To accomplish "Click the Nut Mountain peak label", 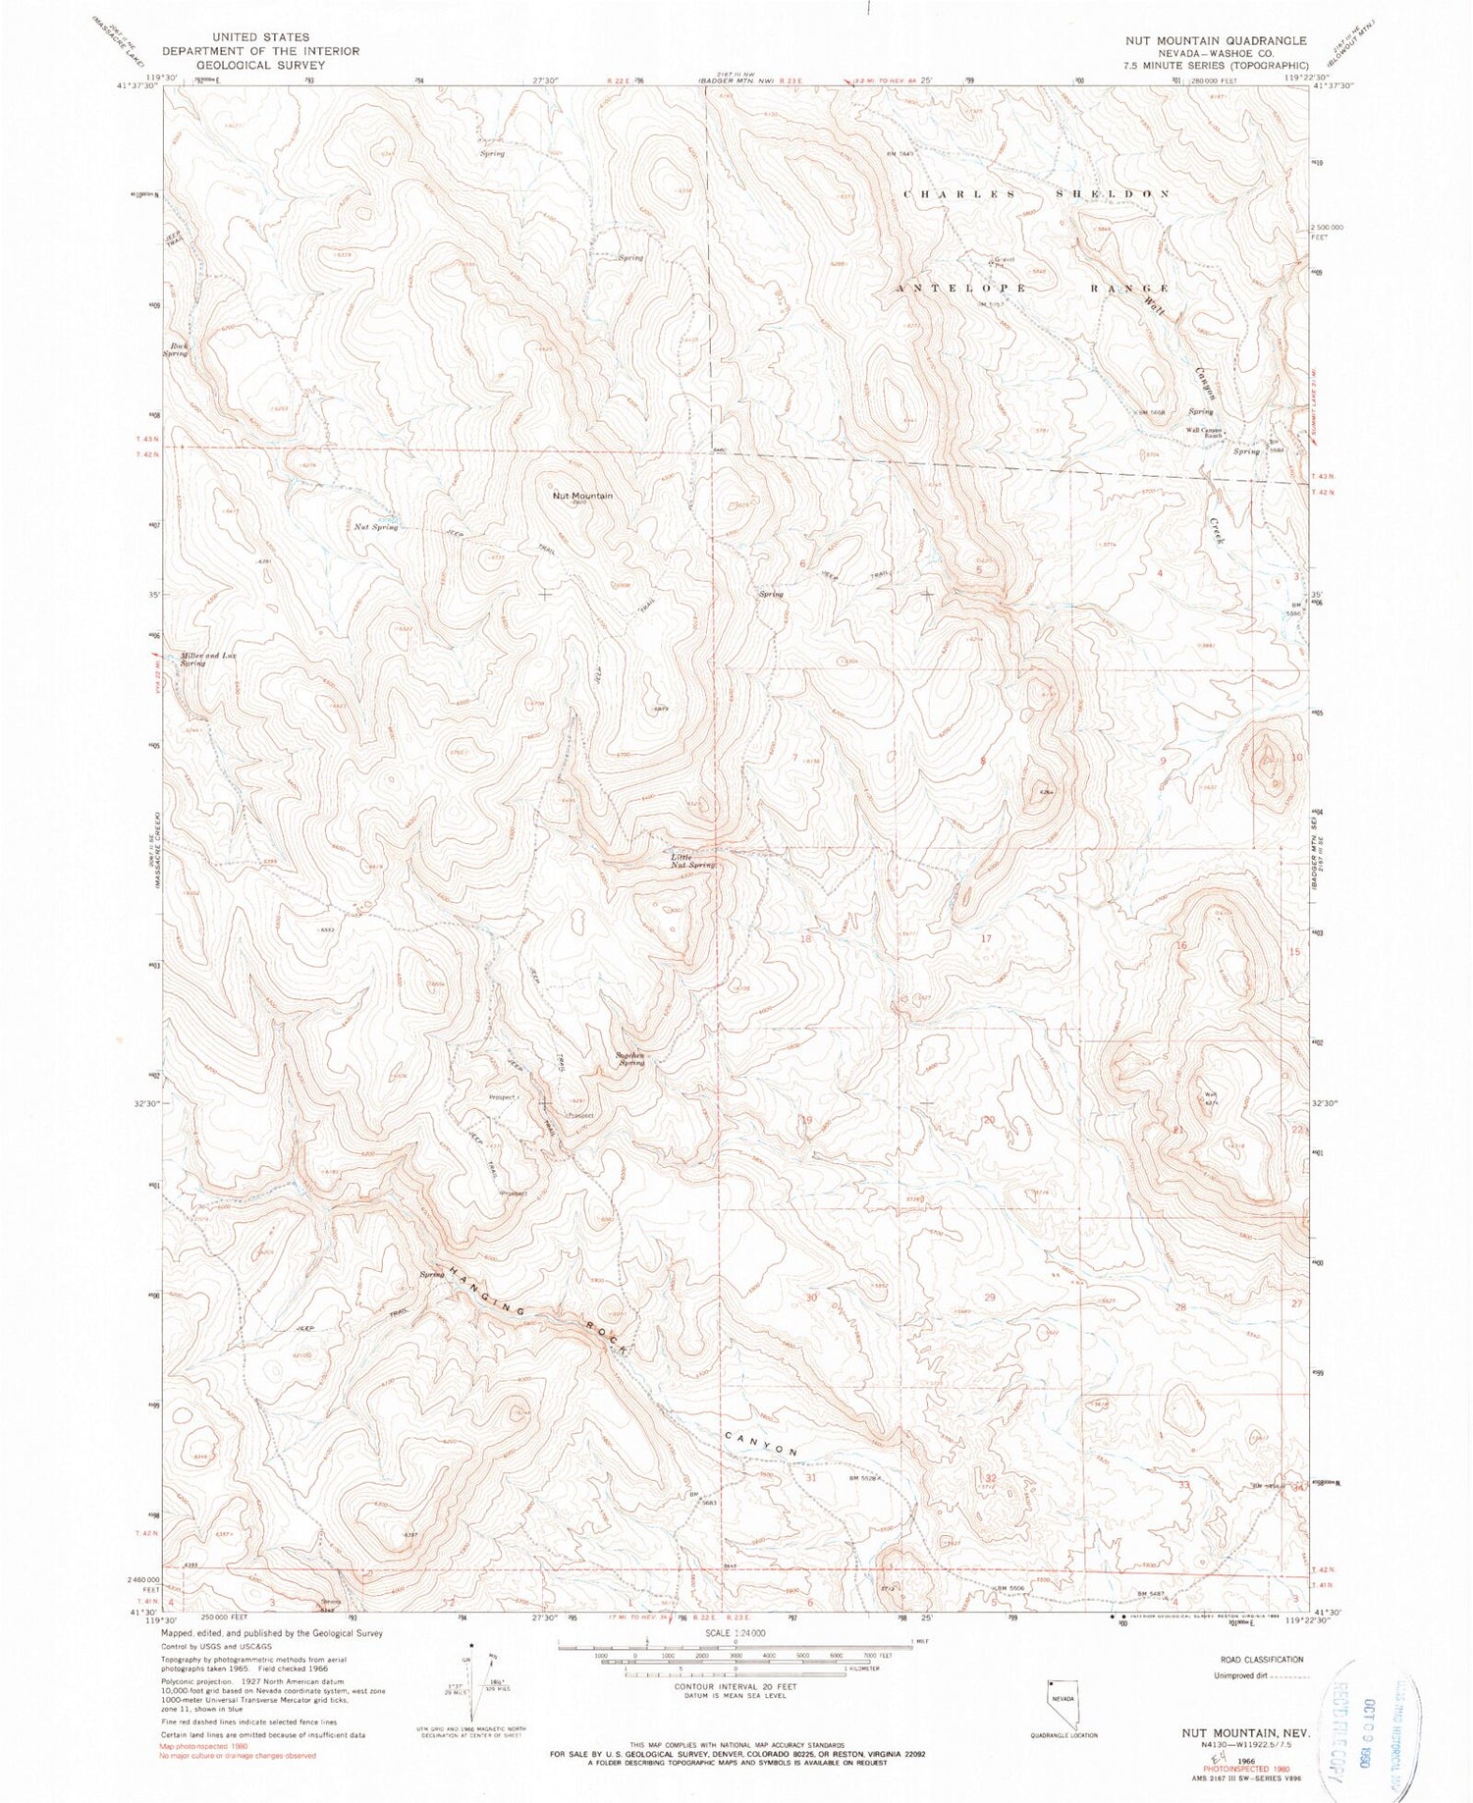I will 583,496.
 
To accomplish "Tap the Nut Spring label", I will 376,527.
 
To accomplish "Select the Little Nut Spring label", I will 692,861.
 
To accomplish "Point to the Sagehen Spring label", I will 629,1060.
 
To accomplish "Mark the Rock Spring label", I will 178,349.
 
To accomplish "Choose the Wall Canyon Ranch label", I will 1205,433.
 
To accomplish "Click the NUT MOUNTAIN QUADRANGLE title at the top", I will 1218,41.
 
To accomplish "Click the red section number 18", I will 806,938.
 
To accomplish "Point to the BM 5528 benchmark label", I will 866,1478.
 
